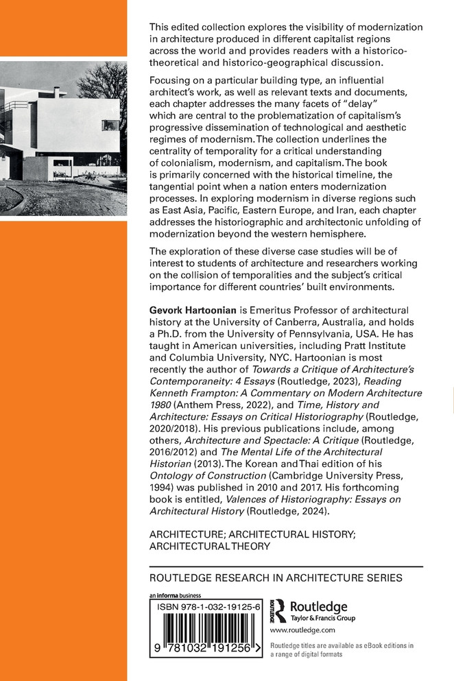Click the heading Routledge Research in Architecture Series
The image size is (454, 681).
pyautogui.click(x=276, y=577)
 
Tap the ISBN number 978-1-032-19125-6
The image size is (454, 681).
pyautogui.click(x=207, y=608)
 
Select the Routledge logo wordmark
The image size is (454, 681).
pyautogui.click(x=319, y=606)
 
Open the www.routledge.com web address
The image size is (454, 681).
pyautogui.click(x=302, y=630)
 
